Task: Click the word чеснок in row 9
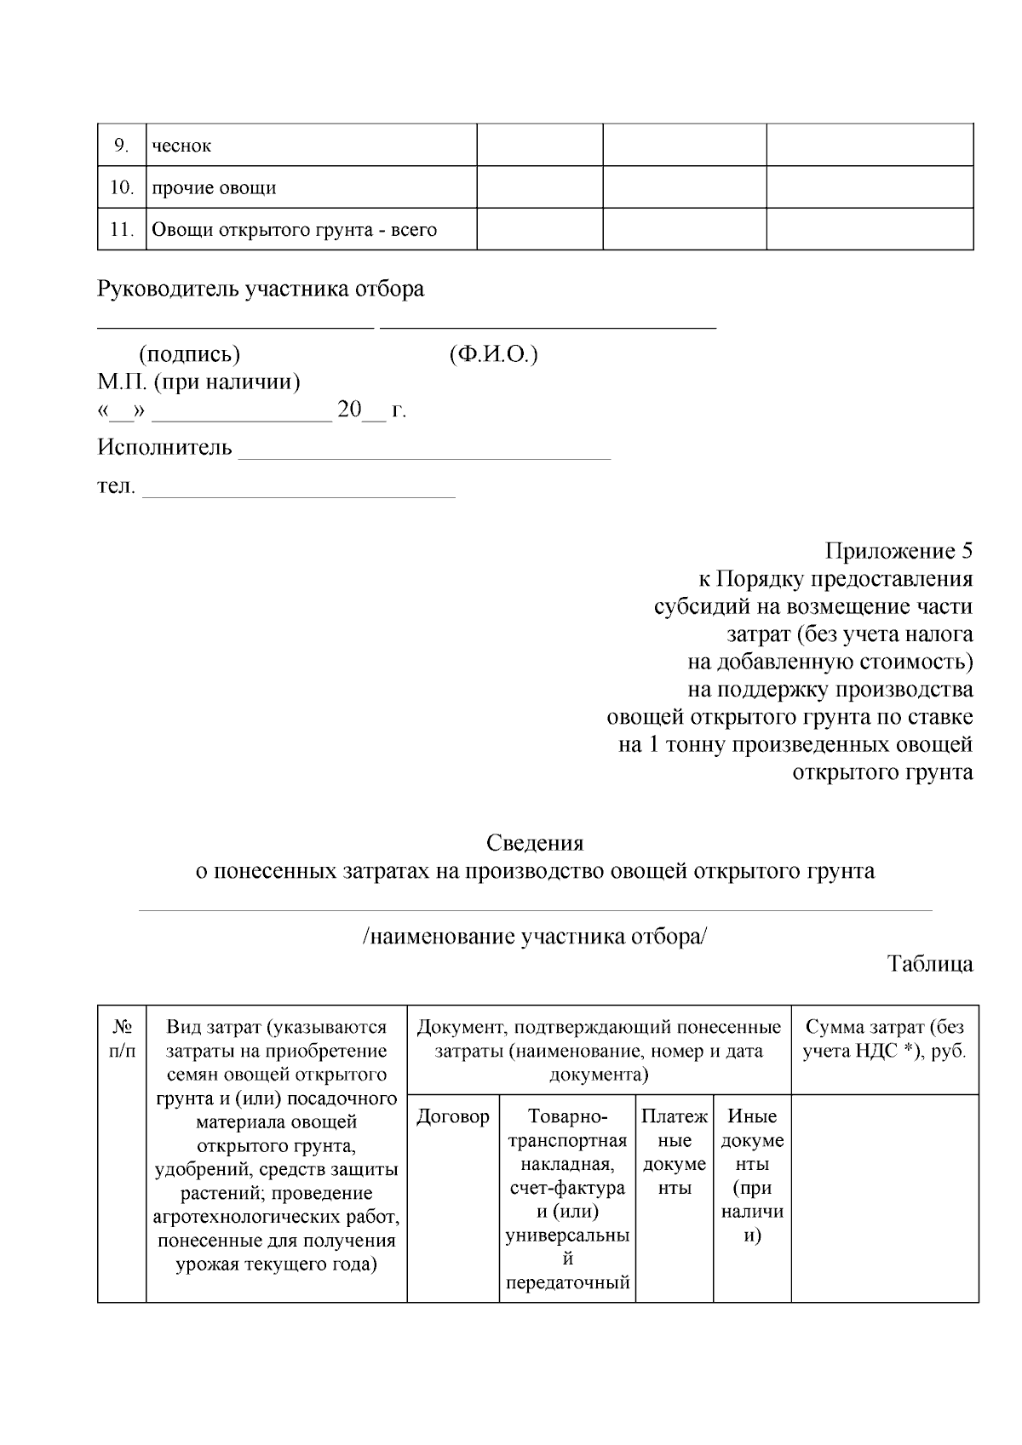coord(181,146)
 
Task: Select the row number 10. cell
coord(122,187)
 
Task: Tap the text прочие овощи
coord(214,187)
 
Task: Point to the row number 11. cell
coord(122,229)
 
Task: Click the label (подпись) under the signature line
coord(189,354)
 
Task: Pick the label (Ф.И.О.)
coord(493,354)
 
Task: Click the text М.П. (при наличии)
coord(198,382)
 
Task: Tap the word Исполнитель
coord(164,447)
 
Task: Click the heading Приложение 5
coord(899,551)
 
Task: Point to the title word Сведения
coord(535,843)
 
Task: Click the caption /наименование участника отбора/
coord(535,937)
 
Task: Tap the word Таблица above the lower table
coord(930,964)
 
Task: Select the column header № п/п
coord(122,1039)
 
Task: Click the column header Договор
coord(453,1116)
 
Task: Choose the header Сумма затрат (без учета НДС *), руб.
coord(885,1038)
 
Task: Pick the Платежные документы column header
coord(675,1152)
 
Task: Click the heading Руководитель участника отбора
coord(261,290)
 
